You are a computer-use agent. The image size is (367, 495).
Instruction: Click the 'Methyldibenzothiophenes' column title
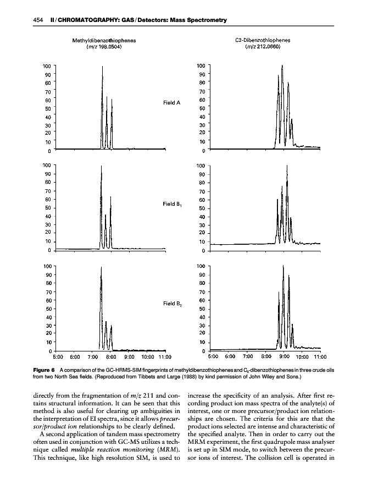click(104, 40)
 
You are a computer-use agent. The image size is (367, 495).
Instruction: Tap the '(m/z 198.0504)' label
click(104, 46)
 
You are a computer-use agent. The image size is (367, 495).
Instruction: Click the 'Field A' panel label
click(172, 102)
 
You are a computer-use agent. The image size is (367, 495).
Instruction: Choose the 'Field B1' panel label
click(173, 204)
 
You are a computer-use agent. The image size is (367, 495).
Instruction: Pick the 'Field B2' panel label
click(173, 303)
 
